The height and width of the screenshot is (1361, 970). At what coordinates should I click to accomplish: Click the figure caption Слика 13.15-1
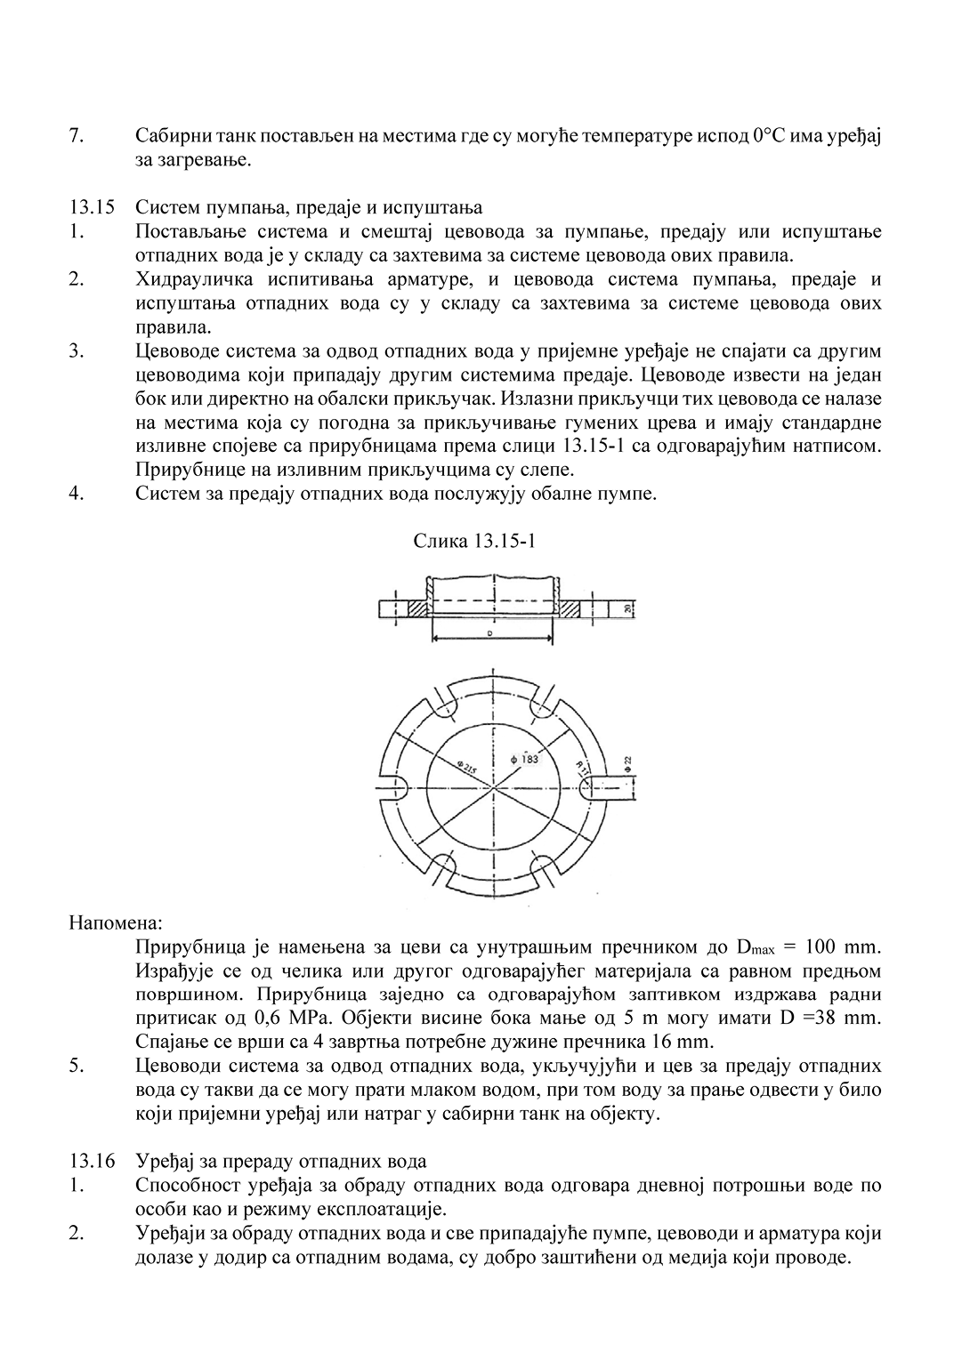tap(473, 540)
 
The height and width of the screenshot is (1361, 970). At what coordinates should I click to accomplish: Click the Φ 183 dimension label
tap(526, 759)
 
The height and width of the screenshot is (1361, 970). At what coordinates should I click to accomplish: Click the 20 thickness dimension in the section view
tap(627, 608)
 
